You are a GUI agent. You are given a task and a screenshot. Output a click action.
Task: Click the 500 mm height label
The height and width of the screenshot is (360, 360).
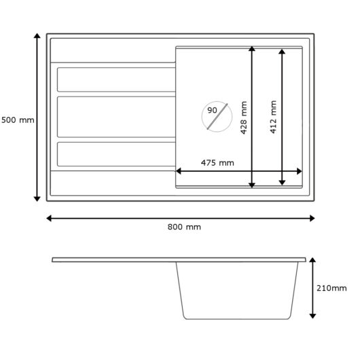point(18,120)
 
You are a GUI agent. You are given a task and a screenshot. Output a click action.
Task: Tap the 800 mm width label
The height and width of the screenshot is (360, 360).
point(184,227)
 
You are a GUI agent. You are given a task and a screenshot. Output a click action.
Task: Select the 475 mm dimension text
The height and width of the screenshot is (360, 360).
point(217,163)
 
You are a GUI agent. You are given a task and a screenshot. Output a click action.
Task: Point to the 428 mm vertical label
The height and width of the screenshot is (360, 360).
point(244,118)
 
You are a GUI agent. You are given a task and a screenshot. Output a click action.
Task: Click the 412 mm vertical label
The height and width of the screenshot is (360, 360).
point(273,117)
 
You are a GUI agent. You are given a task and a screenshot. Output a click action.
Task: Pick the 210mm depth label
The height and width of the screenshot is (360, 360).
point(331,288)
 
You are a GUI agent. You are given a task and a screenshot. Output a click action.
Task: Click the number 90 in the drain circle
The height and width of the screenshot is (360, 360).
point(212,110)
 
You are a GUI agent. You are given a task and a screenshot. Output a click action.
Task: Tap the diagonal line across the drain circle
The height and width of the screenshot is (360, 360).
point(217,116)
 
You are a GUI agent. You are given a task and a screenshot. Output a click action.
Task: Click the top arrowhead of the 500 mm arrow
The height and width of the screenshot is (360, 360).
point(37,36)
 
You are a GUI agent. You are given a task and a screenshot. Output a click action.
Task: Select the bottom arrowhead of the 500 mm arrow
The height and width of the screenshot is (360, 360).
point(37,199)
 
